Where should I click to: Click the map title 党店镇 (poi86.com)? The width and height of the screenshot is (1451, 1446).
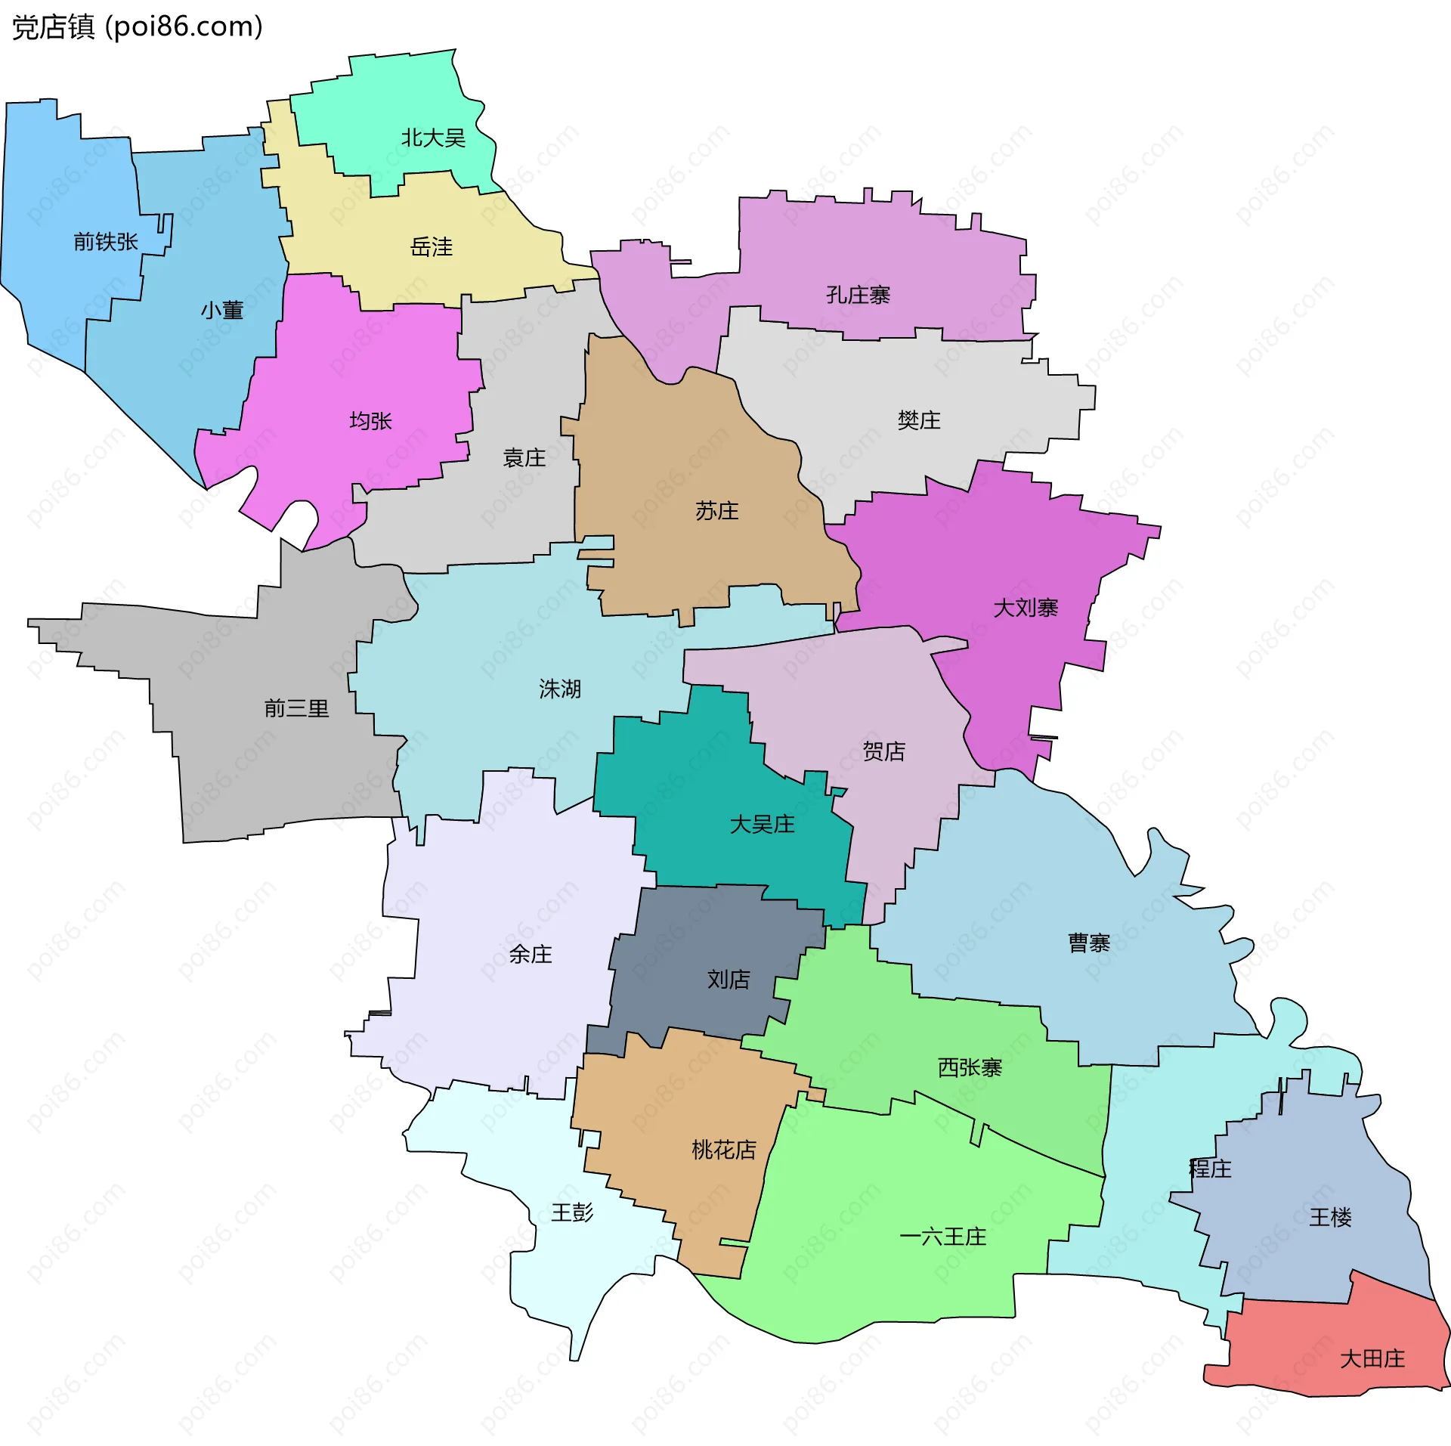(138, 27)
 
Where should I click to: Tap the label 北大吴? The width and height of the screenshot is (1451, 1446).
(433, 138)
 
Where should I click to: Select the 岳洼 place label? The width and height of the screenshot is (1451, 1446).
(431, 247)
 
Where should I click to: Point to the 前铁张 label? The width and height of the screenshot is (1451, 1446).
(106, 242)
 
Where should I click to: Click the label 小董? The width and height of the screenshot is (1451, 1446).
(222, 310)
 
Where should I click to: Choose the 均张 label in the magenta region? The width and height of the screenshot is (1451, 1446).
(370, 421)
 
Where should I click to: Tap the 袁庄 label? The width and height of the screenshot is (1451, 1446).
(524, 457)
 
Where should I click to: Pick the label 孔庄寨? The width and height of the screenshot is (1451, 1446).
(858, 295)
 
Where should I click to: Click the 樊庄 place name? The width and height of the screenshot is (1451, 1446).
(919, 420)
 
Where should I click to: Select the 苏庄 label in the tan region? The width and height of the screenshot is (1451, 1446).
(716, 511)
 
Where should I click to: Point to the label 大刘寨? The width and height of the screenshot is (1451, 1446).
(1026, 608)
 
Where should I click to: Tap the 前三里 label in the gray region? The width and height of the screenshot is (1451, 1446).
(296, 708)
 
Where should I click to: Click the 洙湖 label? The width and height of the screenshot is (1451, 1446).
(560, 689)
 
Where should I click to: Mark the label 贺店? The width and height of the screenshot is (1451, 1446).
(883, 751)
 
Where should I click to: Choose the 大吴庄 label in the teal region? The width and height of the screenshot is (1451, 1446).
(762, 824)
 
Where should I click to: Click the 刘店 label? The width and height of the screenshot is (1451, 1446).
(729, 980)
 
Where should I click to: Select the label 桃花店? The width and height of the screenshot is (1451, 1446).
(724, 1150)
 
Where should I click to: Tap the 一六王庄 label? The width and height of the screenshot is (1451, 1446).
(943, 1237)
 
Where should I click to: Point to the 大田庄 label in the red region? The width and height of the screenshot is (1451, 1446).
(1372, 1359)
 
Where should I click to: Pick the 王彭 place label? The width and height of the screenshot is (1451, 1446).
(572, 1212)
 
